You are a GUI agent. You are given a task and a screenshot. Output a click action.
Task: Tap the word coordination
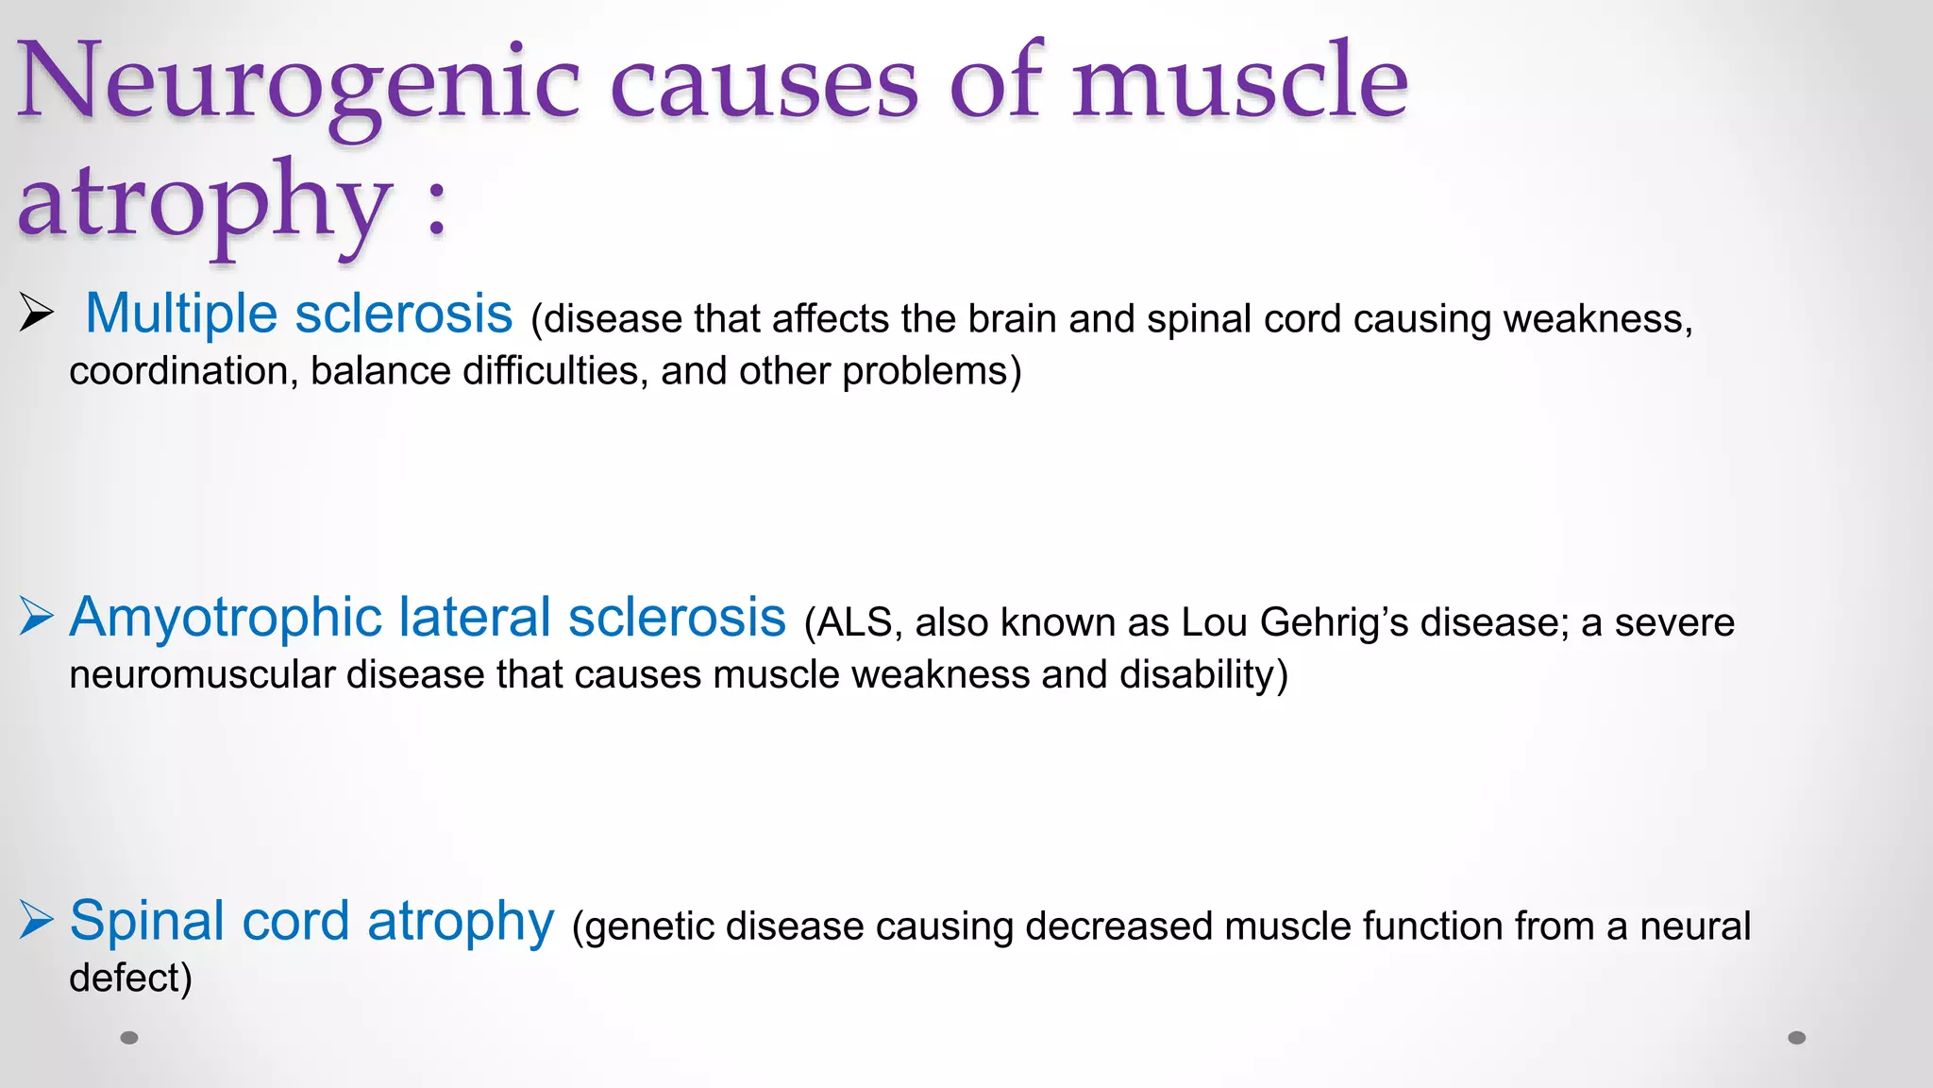click(x=177, y=371)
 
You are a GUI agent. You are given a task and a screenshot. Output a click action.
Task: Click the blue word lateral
click(x=474, y=618)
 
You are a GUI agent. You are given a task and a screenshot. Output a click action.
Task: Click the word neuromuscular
click(x=201, y=675)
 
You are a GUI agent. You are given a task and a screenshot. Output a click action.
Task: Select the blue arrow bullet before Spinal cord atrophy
click(x=36, y=920)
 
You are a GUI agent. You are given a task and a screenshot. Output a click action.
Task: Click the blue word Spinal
click(x=147, y=921)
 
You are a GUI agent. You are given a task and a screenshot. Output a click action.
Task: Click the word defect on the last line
click(x=124, y=978)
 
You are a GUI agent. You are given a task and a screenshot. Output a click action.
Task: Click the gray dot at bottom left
click(x=129, y=1038)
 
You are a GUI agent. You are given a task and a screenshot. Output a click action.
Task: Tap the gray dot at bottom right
click(x=1797, y=1038)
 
